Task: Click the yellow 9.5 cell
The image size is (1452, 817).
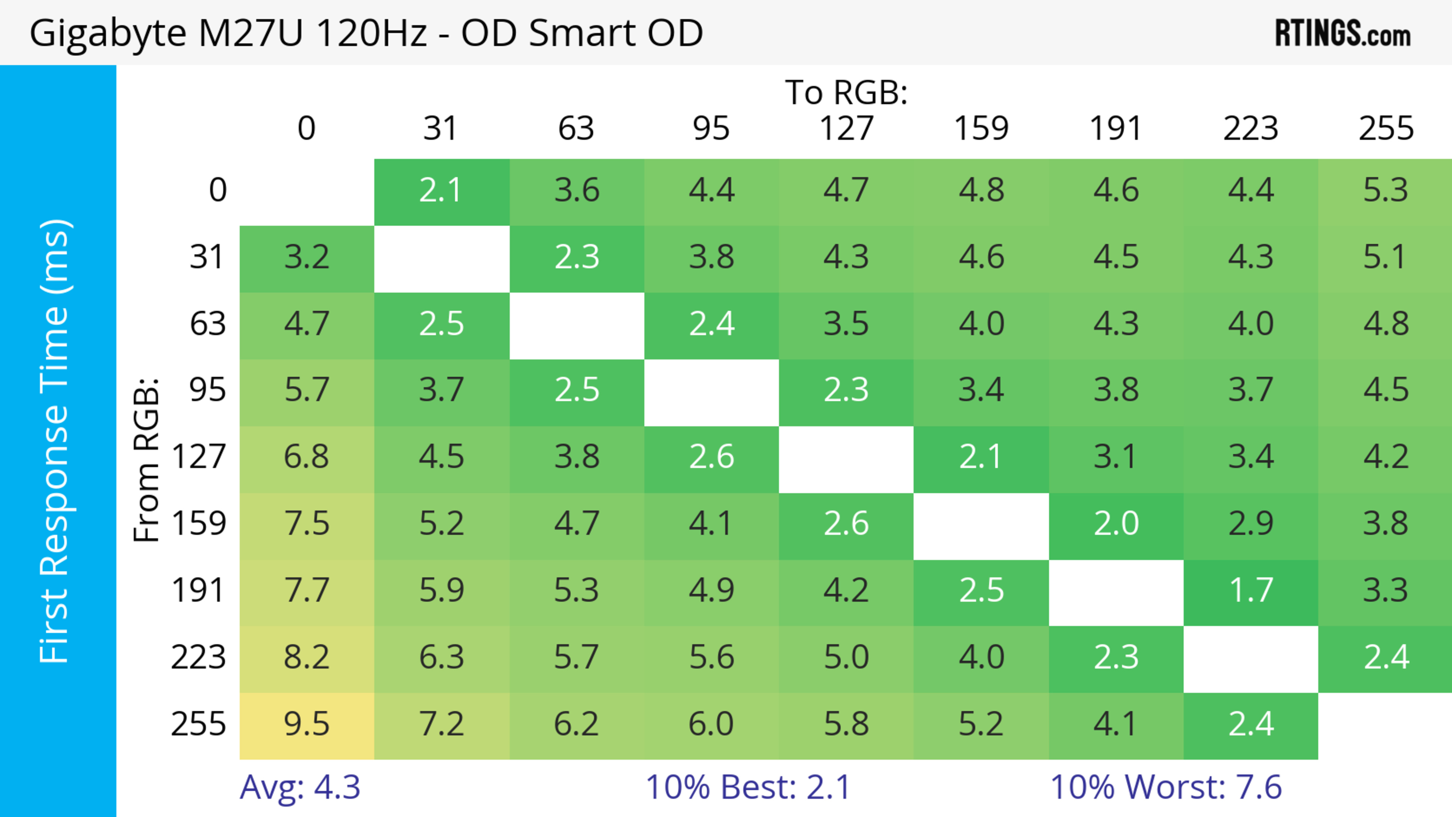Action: click(307, 725)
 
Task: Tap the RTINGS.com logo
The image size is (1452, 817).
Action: click(1343, 33)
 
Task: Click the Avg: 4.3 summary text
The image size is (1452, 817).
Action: click(300, 787)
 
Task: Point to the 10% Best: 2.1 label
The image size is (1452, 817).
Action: click(748, 787)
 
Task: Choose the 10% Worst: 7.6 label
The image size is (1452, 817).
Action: click(1166, 787)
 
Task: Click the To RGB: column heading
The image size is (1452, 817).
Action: click(846, 92)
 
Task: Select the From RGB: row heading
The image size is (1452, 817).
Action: click(147, 459)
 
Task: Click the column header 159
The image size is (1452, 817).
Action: click(981, 129)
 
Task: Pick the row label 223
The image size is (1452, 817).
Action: click(199, 657)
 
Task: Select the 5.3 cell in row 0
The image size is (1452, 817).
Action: click(1385, 191)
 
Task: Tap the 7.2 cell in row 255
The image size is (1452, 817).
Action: click(441, 725)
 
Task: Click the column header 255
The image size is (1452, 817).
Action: click(1385, 129)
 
